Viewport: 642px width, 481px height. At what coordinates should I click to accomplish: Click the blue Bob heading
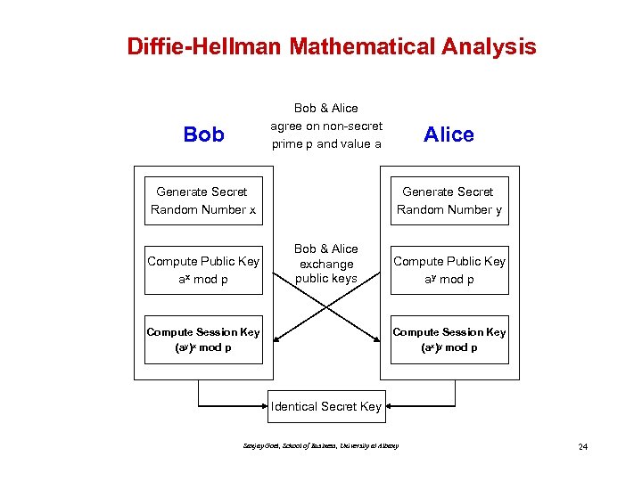(x=203, y=135)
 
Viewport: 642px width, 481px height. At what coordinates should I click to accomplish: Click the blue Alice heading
(x=449, y=135)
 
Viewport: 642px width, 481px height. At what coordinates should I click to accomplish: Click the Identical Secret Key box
(x=325, y=406)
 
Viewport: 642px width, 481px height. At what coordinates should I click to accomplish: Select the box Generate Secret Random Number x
(x=203, y=200)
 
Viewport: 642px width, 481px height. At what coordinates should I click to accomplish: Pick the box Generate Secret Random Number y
(x=449, y=200)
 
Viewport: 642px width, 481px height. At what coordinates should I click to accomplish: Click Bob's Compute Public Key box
(x=203, y=270)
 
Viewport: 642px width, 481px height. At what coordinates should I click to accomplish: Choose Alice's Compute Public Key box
(x=449, y=270)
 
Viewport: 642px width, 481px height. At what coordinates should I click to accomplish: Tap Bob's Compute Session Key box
(x=203, y=339)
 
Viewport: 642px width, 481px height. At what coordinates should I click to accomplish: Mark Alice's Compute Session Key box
(x=449, y=339)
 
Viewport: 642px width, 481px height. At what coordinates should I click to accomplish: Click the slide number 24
(x=582, y=446)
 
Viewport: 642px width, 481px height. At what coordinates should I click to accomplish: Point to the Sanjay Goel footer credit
(x=320, y=445)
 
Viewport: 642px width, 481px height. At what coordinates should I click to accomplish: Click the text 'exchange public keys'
(x=325, y=272)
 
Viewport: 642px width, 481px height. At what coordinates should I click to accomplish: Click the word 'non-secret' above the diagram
(x=352, y=126)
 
